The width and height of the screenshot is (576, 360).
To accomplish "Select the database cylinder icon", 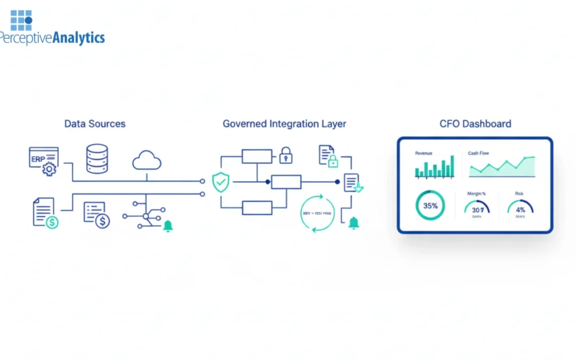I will [x=97, y=158].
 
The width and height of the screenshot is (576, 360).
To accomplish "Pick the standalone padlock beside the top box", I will [x=286, y=155].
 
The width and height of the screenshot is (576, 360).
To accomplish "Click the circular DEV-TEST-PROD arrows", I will [x=318, y=213].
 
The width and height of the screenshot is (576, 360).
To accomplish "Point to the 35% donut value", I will [x=430, y=206].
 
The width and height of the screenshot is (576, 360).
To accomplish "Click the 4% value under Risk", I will [x=520, y=210].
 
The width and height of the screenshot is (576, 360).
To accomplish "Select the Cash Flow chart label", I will [x=478, y=153].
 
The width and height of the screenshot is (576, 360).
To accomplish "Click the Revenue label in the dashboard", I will [x=424, y=153].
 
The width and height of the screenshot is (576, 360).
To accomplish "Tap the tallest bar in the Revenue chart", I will [x=452, y=166].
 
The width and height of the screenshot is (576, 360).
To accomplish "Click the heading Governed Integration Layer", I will [x=284, y=124].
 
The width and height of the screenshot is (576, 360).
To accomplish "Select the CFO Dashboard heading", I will [x=475, y=124].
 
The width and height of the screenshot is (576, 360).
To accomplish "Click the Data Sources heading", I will [x=95, y=124].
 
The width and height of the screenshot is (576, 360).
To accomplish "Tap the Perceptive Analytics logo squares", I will [x=21, y=20].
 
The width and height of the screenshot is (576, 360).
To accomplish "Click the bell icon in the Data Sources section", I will [x=168, y=226].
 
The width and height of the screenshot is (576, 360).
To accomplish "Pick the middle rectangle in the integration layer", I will [x=286, y=182].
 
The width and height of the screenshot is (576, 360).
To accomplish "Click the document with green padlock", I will [x=328, y=156].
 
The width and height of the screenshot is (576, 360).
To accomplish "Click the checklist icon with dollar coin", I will [x=97, y=215].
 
